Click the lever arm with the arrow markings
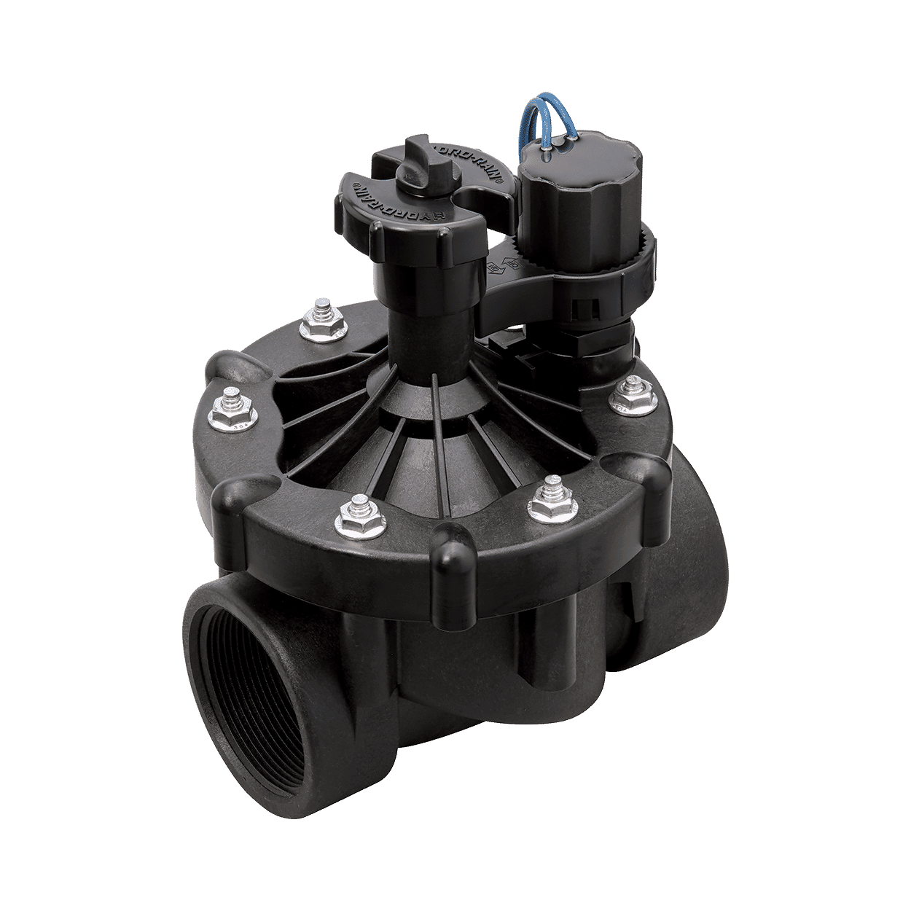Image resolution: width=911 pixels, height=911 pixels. click(510, 281)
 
